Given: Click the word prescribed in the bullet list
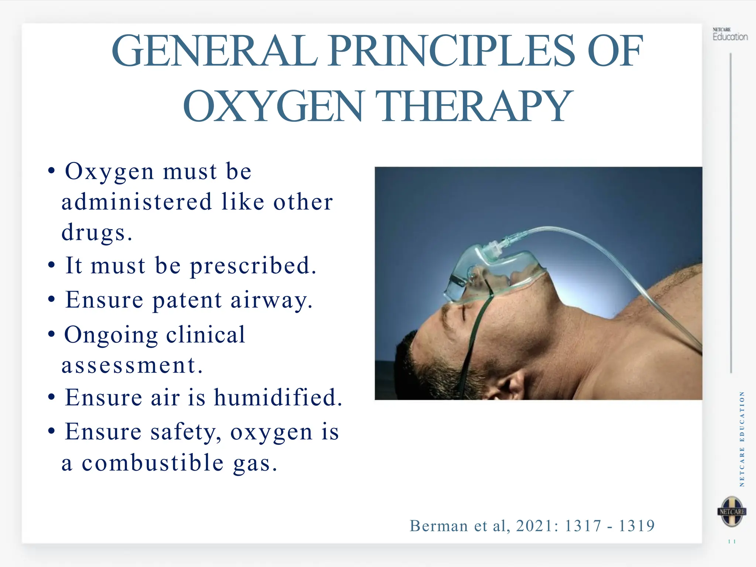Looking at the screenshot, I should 253,266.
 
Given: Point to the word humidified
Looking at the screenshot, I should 278,398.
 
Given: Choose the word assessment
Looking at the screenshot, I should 132,365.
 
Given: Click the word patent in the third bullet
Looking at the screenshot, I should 187,300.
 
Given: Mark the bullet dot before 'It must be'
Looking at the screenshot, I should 52,265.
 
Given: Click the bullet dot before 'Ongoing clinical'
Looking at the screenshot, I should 52,334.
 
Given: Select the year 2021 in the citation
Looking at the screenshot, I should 537,526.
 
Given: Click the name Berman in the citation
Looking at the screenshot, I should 439,526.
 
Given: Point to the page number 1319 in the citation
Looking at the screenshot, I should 636,526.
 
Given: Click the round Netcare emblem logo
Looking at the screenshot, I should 732,512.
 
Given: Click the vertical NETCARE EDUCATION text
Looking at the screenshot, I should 742,439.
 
